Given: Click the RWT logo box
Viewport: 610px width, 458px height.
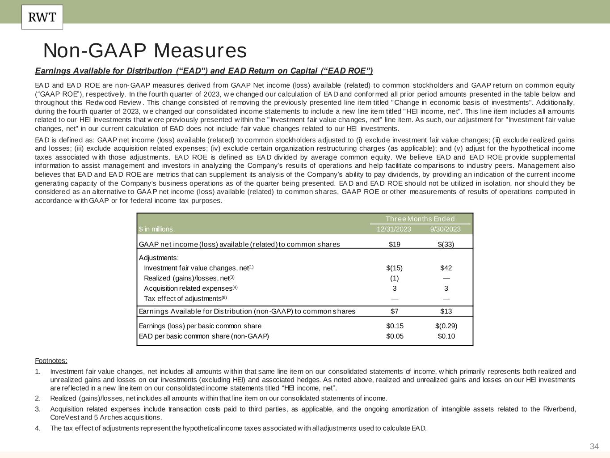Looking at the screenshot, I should pos(42,17).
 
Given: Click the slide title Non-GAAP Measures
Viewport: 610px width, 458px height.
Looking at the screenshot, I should pos(145,51).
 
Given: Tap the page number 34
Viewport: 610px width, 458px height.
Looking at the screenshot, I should pos(594,446).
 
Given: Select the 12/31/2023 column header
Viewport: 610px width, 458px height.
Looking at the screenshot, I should pos(394,229).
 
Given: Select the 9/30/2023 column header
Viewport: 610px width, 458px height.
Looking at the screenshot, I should pos(445,229).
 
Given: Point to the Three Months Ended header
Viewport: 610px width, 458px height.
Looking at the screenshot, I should pos(420,219).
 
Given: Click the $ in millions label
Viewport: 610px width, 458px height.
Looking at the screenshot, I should pos(156,229).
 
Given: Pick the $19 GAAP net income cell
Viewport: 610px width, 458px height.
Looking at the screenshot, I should pos(395,244).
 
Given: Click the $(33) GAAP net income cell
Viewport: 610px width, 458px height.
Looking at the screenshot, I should pos(446,244).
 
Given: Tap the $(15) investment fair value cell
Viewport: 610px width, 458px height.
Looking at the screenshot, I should pos(394,268).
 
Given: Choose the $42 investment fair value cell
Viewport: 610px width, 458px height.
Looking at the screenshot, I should pos(446,268).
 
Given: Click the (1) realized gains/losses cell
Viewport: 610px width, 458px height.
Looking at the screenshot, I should pos(394,278).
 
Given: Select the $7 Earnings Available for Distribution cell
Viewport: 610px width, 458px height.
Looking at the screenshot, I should pos(395,311).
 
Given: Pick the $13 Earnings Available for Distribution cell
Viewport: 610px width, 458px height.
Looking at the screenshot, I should pos(446,311).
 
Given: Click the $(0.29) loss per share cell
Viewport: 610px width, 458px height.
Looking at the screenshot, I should pos(446,326).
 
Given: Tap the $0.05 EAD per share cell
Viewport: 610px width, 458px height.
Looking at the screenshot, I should pos(395,336).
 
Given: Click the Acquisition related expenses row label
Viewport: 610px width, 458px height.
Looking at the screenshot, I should pos(188,288).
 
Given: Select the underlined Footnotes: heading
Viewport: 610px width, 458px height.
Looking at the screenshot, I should pos(51,361).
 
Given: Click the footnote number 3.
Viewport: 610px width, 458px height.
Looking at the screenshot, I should pos(38,409).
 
